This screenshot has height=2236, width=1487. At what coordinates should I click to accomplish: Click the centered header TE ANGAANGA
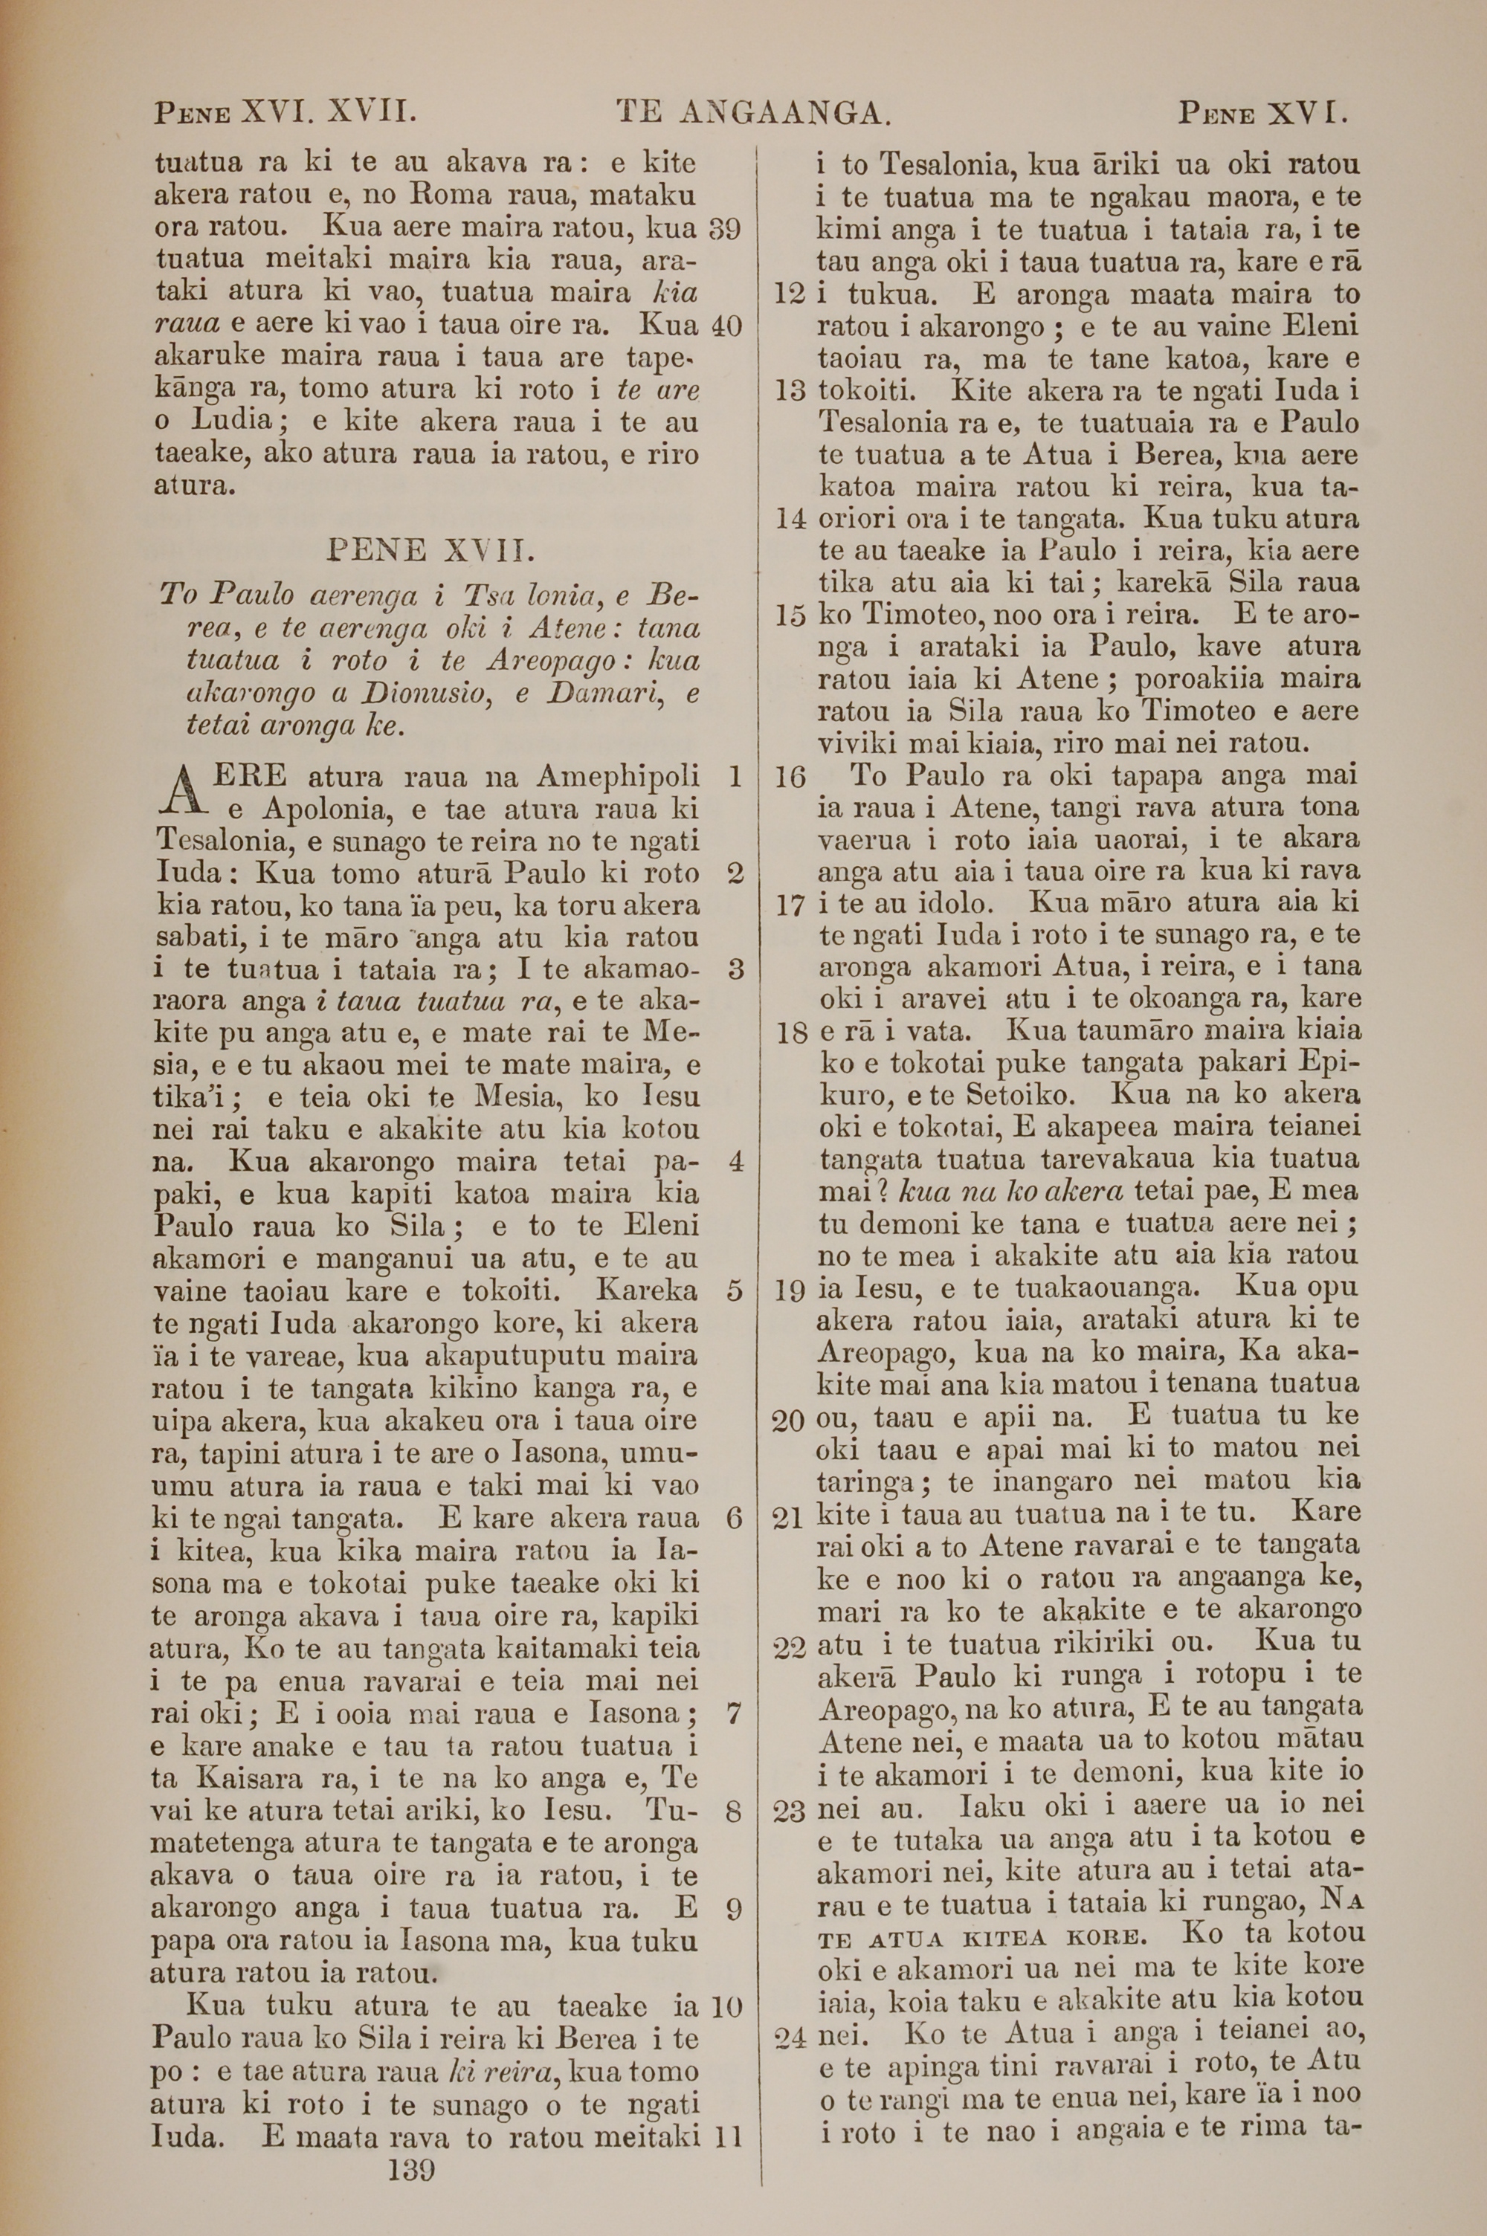(x=754, y=114)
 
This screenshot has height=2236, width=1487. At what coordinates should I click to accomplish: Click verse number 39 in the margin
(x=724, y=230)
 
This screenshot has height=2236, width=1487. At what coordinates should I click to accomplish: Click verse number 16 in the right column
(x=789, y=778)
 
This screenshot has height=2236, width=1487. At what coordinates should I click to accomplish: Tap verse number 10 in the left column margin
(x=724, y=2006)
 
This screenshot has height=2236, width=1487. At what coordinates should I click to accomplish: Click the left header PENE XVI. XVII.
(x=286, y=114)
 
